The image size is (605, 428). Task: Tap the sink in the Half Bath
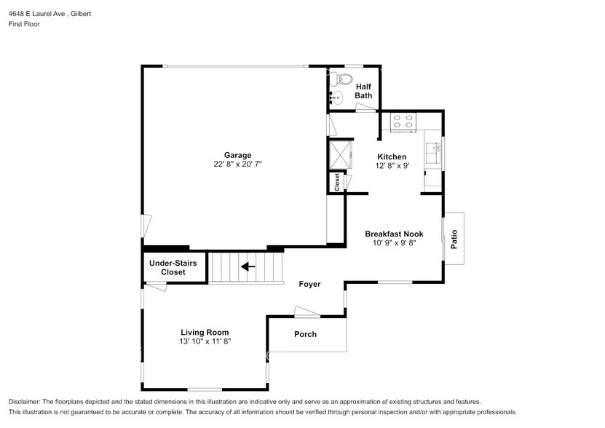click(x=336, y=98)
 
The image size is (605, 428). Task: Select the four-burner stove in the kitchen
click(x=403, y=121)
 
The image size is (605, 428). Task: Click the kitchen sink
click(x=433, y=153)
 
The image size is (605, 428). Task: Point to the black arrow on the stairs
click(x=248, y=266)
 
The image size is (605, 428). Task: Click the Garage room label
click(x=237, y=155)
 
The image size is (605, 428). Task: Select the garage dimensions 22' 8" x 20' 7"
click(x=237, y=164)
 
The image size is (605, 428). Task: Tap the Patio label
click(x=454, y=239)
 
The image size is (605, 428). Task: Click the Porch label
click(x=305, y=334)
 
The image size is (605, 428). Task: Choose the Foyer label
click(x=309, y=285)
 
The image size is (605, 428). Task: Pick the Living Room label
click(x=205, y=333)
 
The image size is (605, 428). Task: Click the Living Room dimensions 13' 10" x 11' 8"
click(x=205, y=341)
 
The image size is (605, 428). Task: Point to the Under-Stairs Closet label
click(x=173, y=267)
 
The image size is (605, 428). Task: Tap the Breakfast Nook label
click(x=394, y=234)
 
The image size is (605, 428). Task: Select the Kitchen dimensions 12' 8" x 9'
click(x=392, y=165)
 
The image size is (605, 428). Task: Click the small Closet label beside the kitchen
click(x=337, y=182)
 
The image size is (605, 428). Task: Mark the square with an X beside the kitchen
click(x=341, y=155)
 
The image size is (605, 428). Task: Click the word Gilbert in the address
click(x=81, y=14)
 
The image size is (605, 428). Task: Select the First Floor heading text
click(x=24, y=24)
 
